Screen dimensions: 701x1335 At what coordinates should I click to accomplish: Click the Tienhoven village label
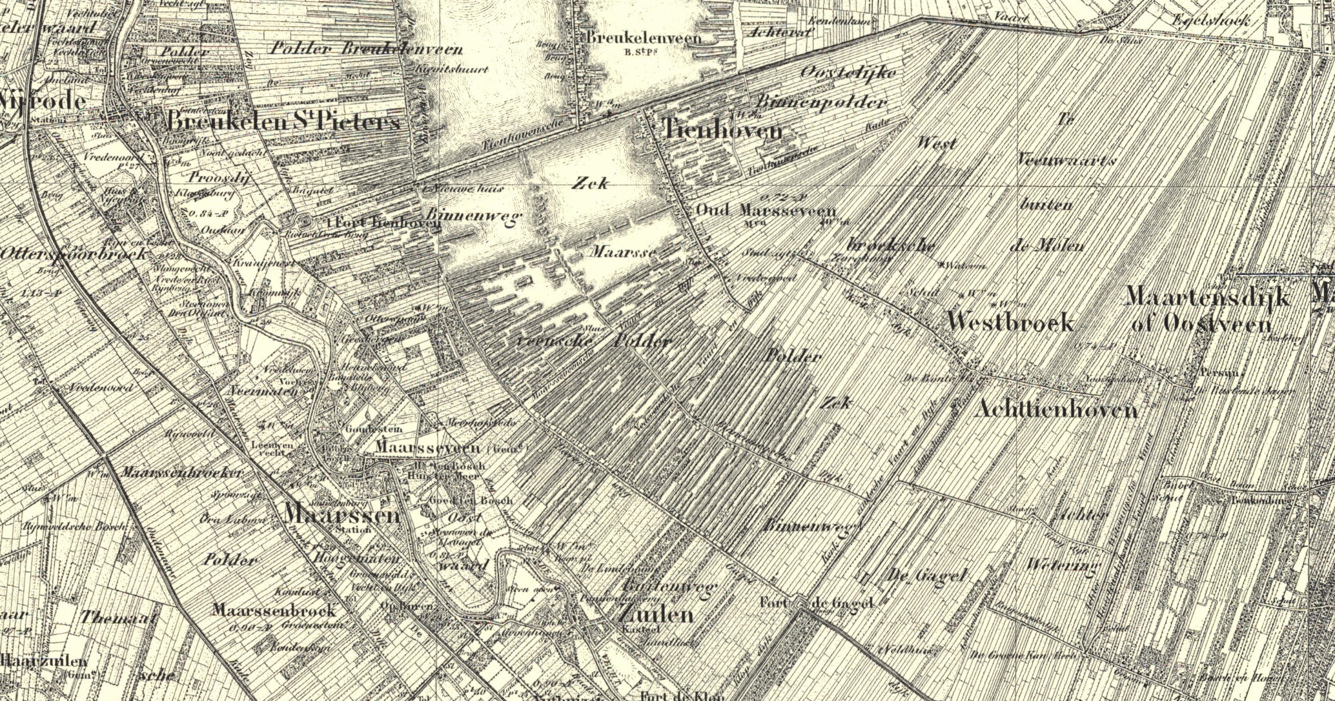tap(722, 131)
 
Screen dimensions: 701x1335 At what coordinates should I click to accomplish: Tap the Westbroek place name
tap(1010, 321)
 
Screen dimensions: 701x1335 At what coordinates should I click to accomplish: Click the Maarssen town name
tap(342, 514)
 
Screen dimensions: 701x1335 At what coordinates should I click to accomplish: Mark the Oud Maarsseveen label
tap(766, 211)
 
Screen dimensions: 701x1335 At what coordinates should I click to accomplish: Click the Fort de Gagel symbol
tap(801, 604)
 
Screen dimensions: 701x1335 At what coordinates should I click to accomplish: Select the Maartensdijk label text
tap(1207, 297)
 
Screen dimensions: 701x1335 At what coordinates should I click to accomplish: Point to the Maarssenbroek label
tap(274, 610)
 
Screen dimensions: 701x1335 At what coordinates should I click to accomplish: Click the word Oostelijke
tap(848, 72)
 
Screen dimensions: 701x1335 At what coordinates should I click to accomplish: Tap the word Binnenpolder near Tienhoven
tap(821, 102)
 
